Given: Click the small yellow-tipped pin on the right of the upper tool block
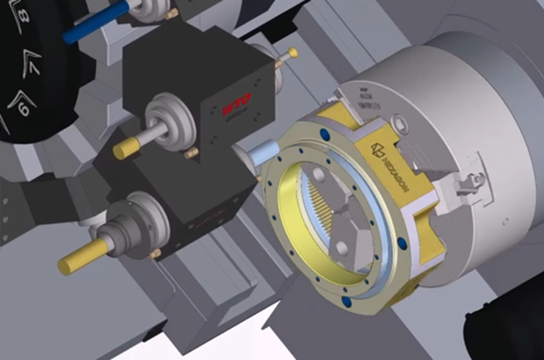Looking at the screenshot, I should [292, 53].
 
